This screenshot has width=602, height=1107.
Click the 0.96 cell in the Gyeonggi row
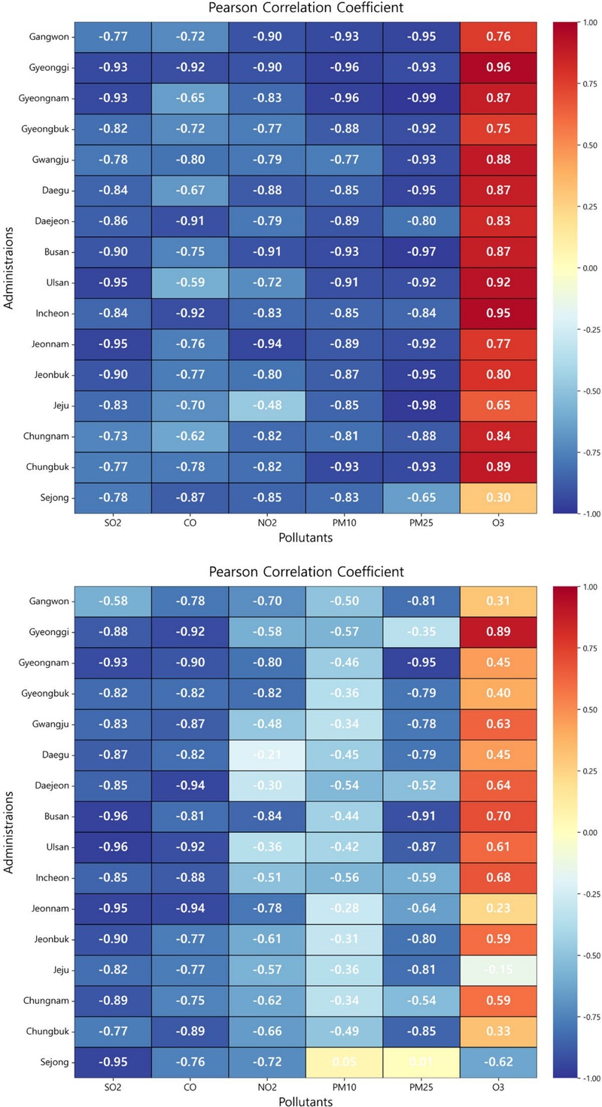[497, 68]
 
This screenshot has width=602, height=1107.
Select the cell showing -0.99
[421, 99]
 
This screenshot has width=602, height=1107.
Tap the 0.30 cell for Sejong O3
[497, 498]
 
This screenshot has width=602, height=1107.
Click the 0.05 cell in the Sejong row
[344, 1063]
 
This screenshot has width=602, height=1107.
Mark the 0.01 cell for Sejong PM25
[421, 1063]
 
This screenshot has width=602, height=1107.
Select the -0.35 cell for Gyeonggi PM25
[421, 632]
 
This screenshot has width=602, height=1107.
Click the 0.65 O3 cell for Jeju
[497, 405]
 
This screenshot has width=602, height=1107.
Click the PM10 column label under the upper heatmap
[344, 523]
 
